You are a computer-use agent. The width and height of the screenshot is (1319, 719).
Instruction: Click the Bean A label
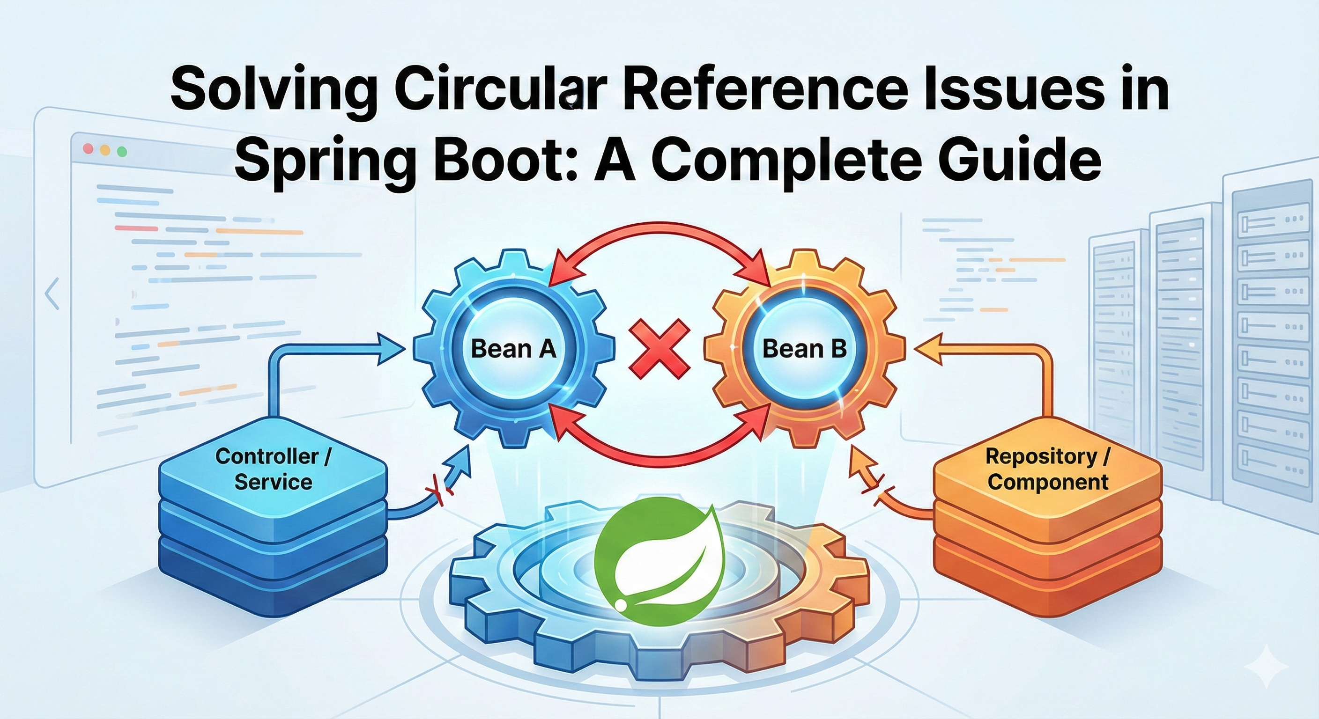(x=512, y=349)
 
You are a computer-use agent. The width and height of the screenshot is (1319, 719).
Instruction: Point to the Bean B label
(x=804, y=349)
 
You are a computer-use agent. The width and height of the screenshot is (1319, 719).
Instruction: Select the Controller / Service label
(x=273, y=469)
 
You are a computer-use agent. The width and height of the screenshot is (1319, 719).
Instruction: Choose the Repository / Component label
(x=1048, y=469)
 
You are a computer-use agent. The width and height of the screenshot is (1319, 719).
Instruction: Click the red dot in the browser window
(x=88, y=149)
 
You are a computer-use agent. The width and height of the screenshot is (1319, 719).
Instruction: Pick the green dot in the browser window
(x=122, y=151)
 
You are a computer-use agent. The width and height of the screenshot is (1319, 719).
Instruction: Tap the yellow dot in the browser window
(x=105, y=150)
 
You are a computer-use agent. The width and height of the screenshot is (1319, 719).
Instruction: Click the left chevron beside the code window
(x=52, y=294)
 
